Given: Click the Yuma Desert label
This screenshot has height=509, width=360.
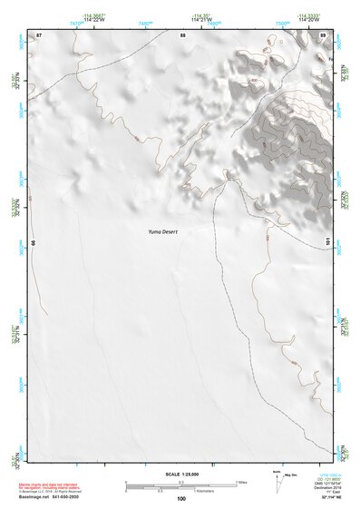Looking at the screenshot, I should click(165, 231).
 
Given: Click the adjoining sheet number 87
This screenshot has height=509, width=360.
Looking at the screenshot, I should click(39, 34).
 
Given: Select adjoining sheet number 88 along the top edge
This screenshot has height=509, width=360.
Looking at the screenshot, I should click(182, 34).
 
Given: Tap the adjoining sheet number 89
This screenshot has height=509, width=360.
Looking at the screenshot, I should click(322, 34).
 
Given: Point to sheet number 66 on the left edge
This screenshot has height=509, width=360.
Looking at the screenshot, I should click(34, 243).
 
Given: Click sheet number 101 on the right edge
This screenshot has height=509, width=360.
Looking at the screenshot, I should click(327, 242).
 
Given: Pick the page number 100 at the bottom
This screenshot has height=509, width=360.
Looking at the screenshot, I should click(181, 498).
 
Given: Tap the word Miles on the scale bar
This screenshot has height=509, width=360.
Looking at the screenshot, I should click(241, 482).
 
